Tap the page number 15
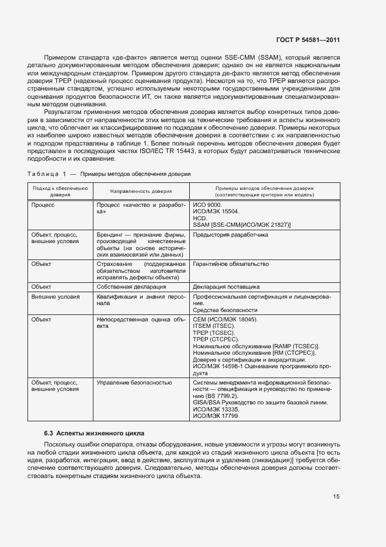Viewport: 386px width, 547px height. [x=336, y=497]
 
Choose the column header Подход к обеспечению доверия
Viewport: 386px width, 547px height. [x=60, y=191]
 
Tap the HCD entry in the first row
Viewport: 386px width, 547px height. [x=199, y=219]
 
